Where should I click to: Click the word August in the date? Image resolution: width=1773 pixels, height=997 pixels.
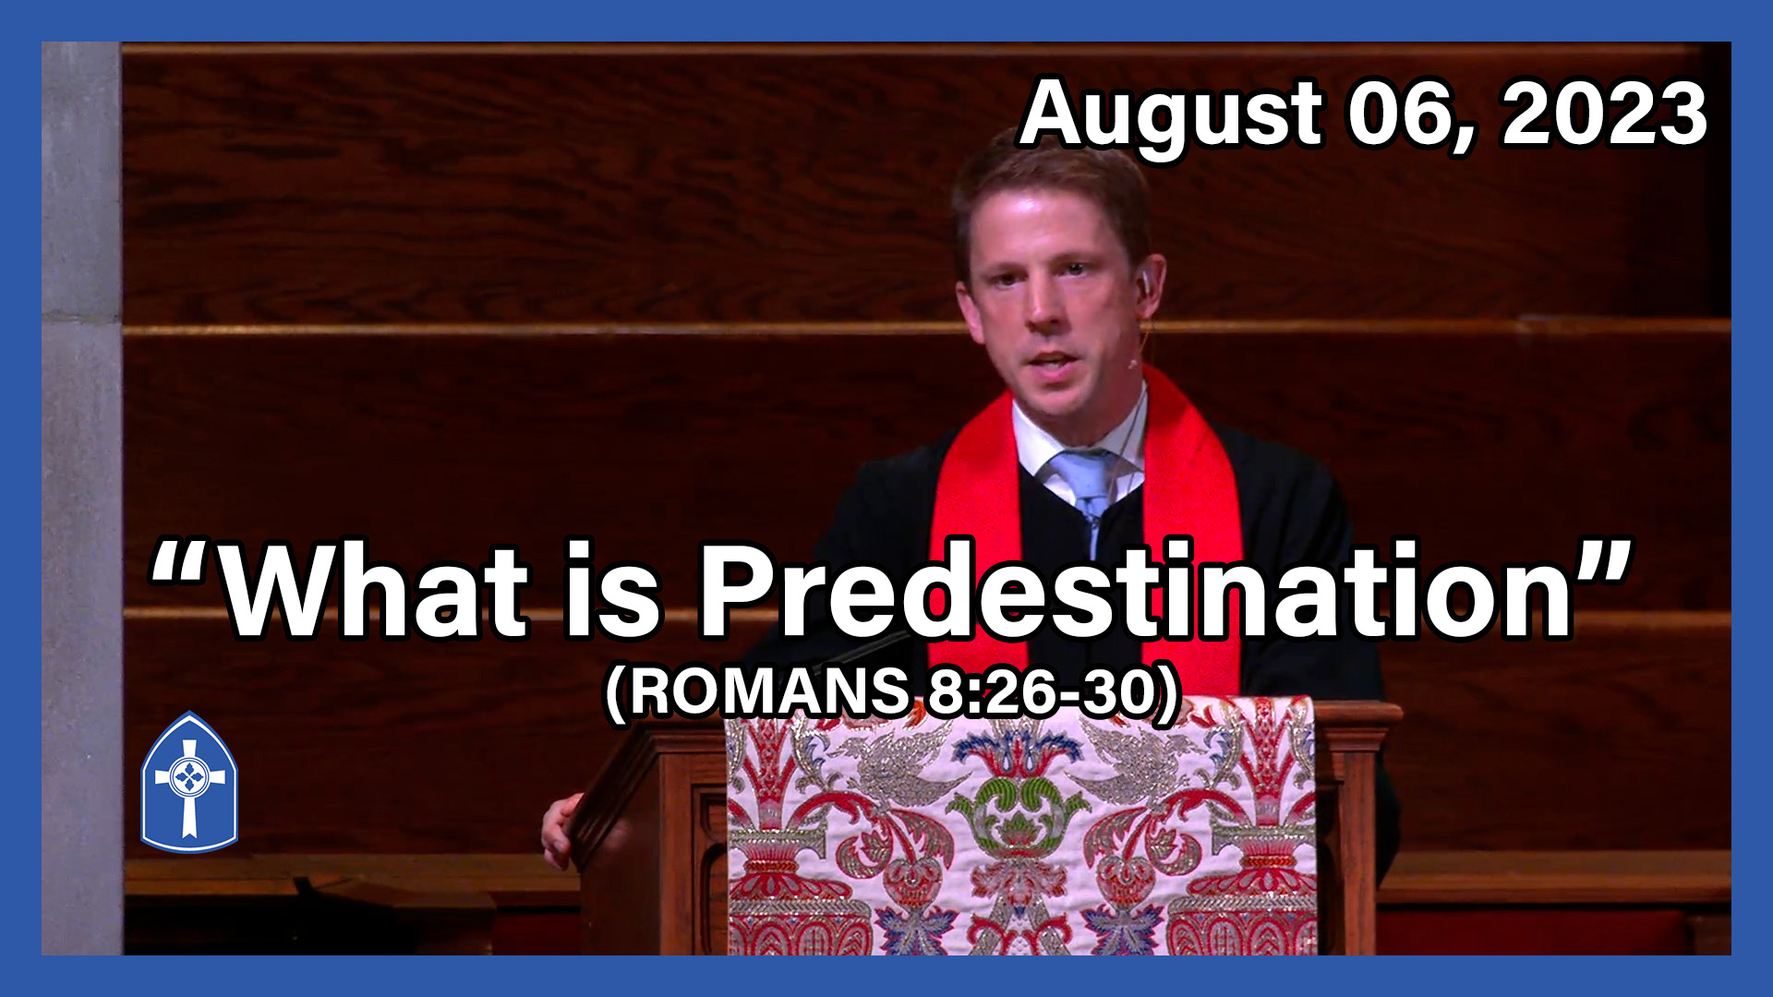[x=1171, y=115]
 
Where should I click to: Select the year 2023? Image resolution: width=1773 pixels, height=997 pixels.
[x=1605, y=115]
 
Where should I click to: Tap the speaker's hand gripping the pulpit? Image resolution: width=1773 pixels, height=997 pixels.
[x=560, y=831]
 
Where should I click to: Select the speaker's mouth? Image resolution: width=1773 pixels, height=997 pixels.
[x=1053, y=360]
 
